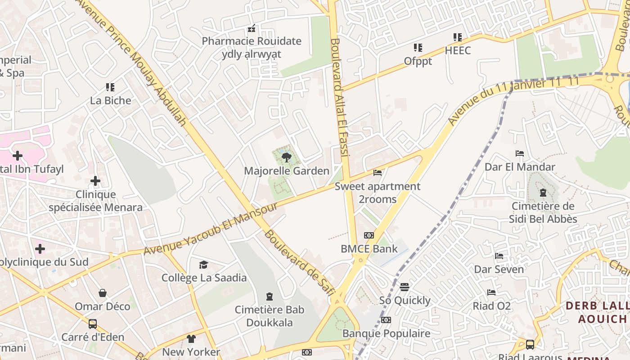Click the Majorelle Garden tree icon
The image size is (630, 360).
click(x=286, y=157)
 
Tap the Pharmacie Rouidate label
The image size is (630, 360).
click(x=252, y=41)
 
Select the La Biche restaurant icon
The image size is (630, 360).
click(x=110, y=87)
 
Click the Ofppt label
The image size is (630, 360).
click(x=418, y=61)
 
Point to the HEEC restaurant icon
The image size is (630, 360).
click(x=457, y=37)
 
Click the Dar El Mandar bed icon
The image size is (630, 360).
click(x=520, y=153)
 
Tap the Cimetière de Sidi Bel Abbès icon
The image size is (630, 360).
click(x=543, y=193)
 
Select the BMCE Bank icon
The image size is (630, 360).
click(x=369, y=235)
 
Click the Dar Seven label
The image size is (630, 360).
click(x=499, y=269)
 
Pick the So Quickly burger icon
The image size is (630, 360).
click(x=404, y=287)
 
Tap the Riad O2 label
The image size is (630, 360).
click(x=491, y=306)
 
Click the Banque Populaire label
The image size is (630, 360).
click(x=386, y=333)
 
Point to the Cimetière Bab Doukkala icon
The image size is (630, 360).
click(x=269, y=296)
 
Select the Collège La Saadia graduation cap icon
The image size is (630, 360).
click(x=204, y=265)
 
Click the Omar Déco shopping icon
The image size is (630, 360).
click(x=103, y=293)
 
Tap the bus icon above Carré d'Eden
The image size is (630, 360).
click(x=93, y=324)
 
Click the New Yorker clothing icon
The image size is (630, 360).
click(x=191, y=339)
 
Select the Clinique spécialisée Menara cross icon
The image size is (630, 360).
click(x=95, y=181)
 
